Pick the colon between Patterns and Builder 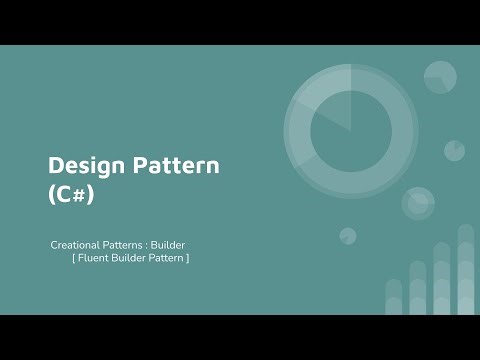click(x=147, y=245)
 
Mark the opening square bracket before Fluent click(x=73, y=259)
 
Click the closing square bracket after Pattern click(x=187, y=259)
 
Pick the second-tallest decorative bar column click(x=442, y=280)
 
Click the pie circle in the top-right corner click(x=440, y=77)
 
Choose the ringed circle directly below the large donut click(x=418, y=203)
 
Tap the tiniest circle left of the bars click(x=348, y=236)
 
